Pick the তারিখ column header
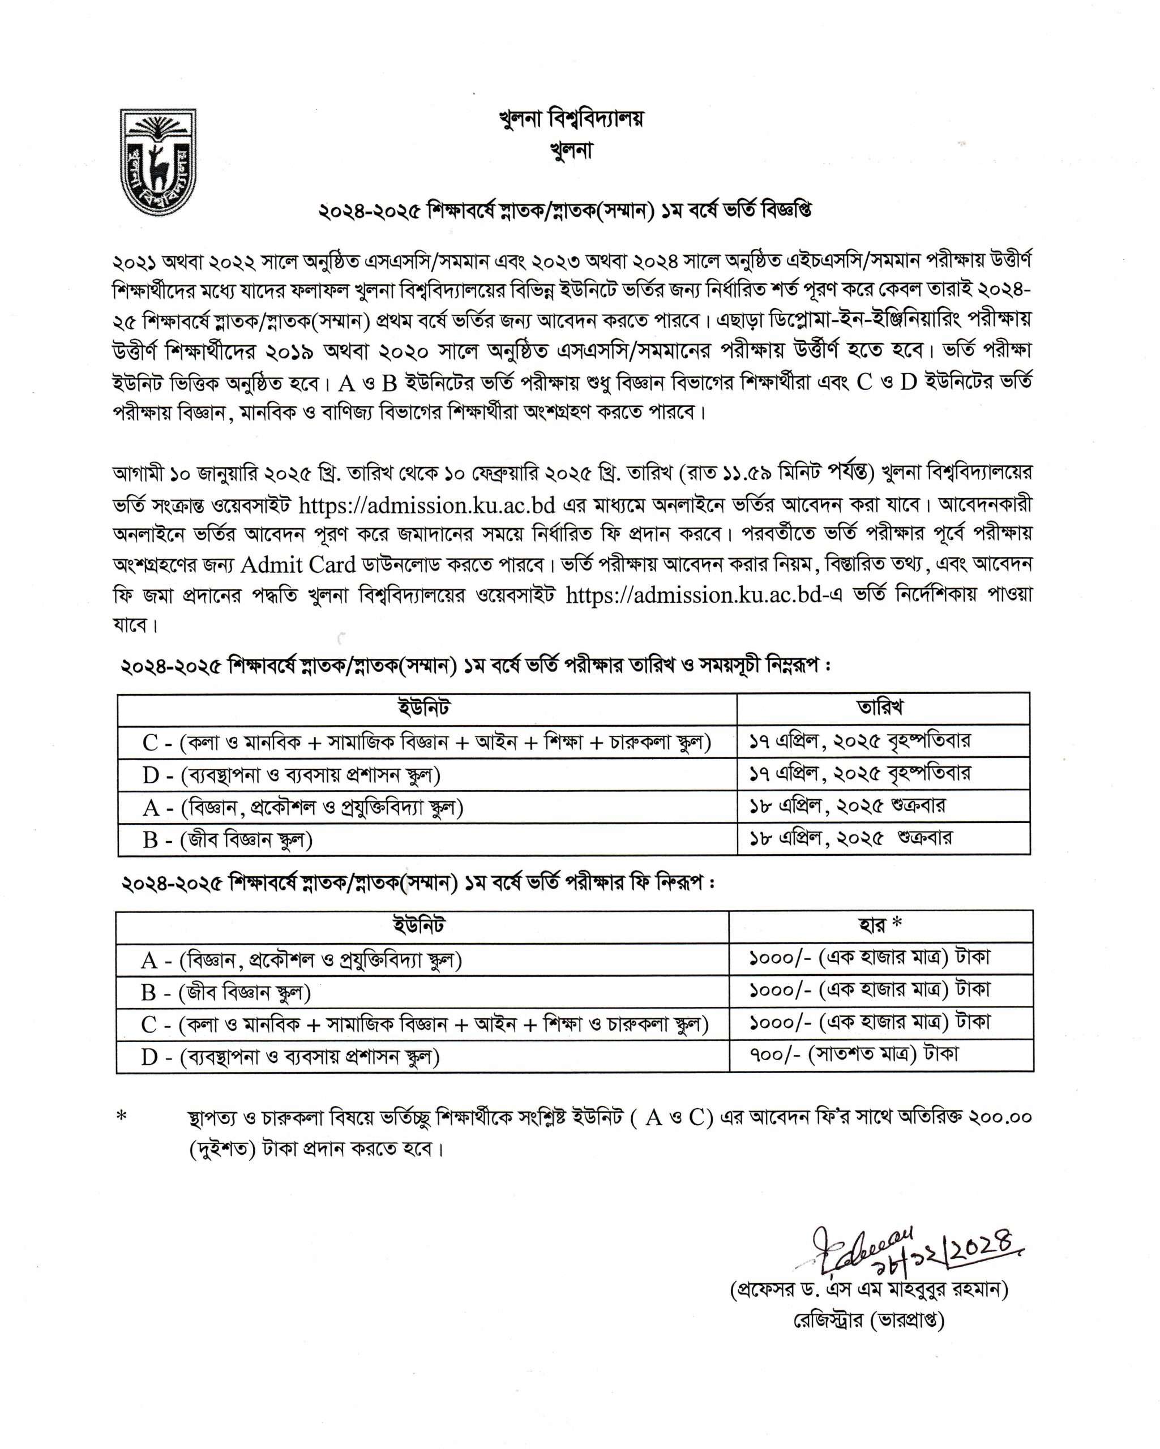click(882, 708)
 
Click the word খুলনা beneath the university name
click(571, 151)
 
